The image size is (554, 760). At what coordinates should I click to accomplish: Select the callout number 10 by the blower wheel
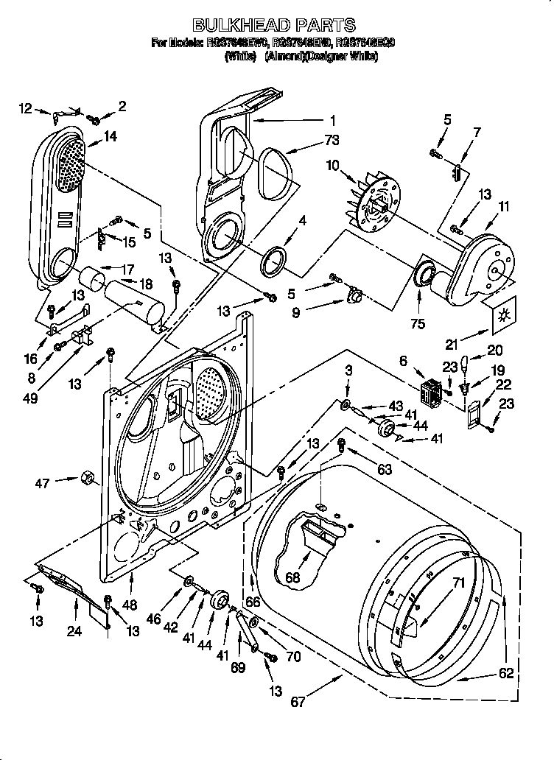tap(333, 166)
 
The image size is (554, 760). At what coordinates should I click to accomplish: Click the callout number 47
tap(43, 482)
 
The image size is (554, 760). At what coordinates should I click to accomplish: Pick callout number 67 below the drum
tap(297, 702)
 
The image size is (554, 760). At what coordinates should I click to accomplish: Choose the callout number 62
tap(505, 672)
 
